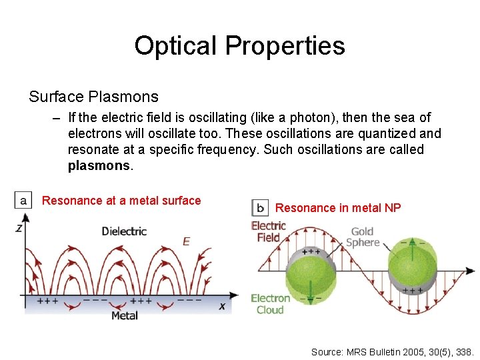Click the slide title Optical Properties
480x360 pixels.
(x=239, y=45)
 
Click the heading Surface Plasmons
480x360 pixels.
(x=93, y=97)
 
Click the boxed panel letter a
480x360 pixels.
(x=23, y=200)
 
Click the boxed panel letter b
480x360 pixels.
(x=260, y=207)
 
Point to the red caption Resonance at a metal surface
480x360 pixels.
(x=121, y=201)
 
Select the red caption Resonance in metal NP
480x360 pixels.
(x=338, y=208)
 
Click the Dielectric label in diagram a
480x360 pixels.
(x=124, y=231)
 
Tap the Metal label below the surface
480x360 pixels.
(x=124, y=315)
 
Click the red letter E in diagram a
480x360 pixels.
(x=186, y=241)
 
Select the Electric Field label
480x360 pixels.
(x=268, y=231)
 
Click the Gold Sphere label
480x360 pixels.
(x=363, y=237)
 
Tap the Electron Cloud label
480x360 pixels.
(x=270, y=304)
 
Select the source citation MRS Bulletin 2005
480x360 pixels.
(x=392, y=351)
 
